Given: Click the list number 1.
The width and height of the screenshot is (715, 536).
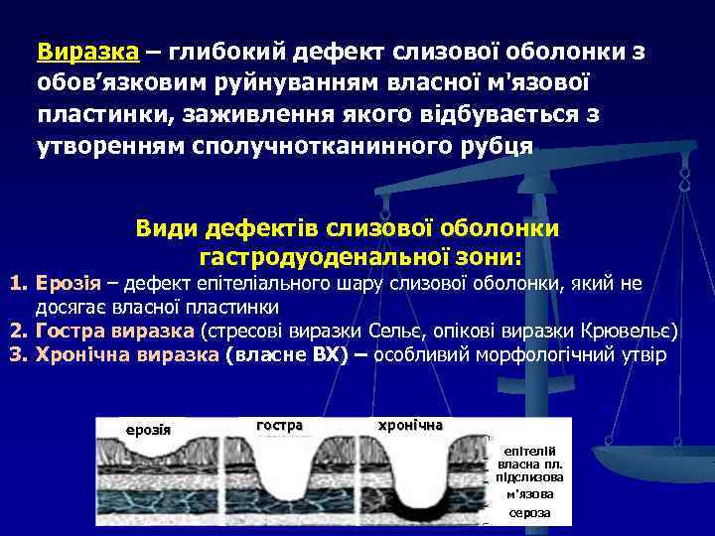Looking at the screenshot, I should [17, 285].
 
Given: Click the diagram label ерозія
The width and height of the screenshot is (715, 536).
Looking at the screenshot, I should [148, 430].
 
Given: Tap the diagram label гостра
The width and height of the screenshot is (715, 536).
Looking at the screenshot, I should [279, 425].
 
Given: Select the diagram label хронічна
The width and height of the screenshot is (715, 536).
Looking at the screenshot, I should [411, 425].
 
